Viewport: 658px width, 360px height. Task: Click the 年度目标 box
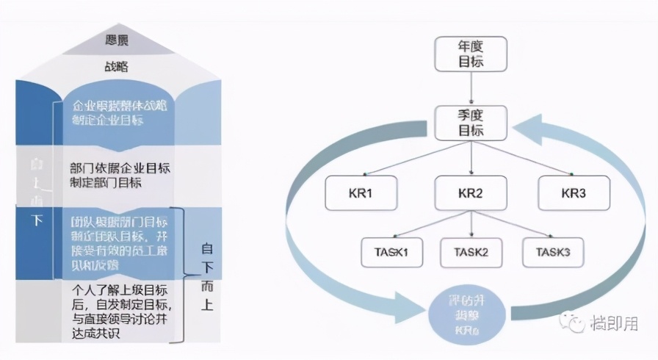[x=471, y=54]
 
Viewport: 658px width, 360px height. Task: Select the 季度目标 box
[x=471, y=123]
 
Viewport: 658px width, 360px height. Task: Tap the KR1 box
[x=360, y=192]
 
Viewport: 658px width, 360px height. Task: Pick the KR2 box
[x=471, y=192]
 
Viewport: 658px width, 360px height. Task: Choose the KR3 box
[x=574, y=192]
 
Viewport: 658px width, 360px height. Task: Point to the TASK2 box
[x=471, y=252]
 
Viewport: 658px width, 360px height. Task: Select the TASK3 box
[x=552, y=252]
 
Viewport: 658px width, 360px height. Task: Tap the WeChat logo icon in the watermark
[x=571, y=321]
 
